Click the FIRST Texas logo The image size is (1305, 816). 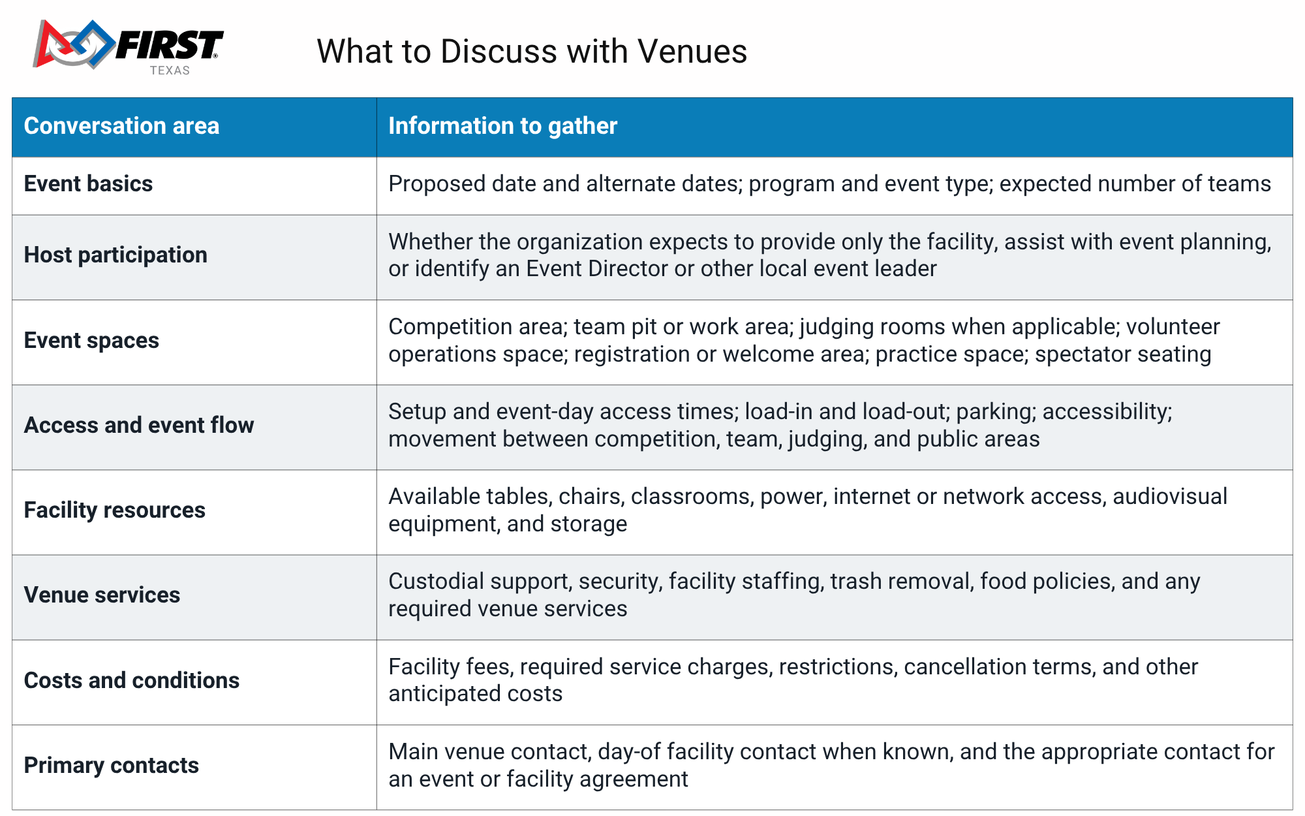point(129,47)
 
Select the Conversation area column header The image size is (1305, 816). point(121,126)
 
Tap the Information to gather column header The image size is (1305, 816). point(502,126)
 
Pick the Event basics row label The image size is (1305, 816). point(88,183)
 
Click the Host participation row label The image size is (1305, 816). point(115,255)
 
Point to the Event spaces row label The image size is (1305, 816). point(91,340)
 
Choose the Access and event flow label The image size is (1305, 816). point(139,425)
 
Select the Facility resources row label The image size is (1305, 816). point(114,510)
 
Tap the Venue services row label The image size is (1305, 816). point(102,595)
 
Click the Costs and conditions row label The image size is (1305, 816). point(132,680)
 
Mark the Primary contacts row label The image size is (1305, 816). point(111,765)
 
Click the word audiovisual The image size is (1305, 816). point(1170,496)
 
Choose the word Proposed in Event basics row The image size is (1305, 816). point(437,184)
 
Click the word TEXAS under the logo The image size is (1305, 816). point(170,71)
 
